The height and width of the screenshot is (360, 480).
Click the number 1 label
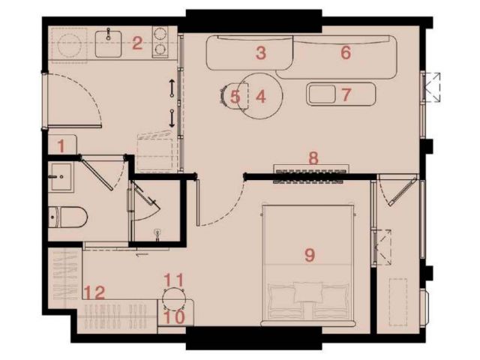[x=61, y=146]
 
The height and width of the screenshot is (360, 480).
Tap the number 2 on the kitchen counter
[x=137, y=43]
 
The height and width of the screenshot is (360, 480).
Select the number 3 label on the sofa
[x=261, y=52]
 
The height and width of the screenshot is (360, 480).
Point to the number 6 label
[x=346, y=52]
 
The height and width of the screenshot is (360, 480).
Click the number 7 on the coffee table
[x=346, y=94]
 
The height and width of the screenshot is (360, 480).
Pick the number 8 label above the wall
[x=313, y=158]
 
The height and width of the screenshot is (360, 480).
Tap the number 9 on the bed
[x=310, y=255]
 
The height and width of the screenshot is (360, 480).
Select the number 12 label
[x=94, y=292]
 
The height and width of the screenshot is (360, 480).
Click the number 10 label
[x=175, y=316]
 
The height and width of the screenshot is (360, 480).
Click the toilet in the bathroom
[x=68, y=217]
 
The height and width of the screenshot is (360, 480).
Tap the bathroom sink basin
[x=61, y=177]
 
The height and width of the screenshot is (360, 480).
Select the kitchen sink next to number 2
[x=108, y=43]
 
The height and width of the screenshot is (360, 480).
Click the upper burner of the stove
[x=160, y=33]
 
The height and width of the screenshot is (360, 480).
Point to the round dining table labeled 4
[x=260, y=96]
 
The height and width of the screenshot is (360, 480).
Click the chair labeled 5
[x=235, y=97]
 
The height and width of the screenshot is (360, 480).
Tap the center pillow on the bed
[x=308, y=292]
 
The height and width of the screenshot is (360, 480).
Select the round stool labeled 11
[x=173, y=298]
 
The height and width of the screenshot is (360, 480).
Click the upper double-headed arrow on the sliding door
[x=172, y=88]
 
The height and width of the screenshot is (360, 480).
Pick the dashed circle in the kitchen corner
[x=70, y=43]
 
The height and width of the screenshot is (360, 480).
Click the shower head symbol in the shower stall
[x=158, y=233]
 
